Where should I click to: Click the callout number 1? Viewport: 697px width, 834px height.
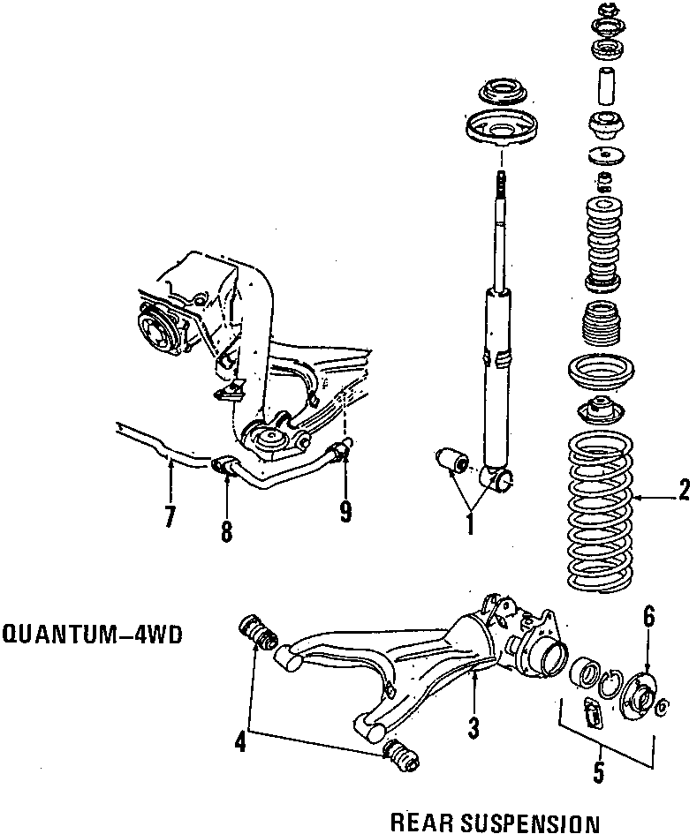click(470, 524)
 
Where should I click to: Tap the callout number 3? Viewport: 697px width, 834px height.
click(474, 728)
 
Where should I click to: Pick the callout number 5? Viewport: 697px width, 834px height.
click(598, 774)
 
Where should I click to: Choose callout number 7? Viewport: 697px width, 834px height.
click(170, 517)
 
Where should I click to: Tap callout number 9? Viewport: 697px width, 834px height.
click(345, 509)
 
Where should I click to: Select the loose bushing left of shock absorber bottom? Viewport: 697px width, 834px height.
click(451, 460)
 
